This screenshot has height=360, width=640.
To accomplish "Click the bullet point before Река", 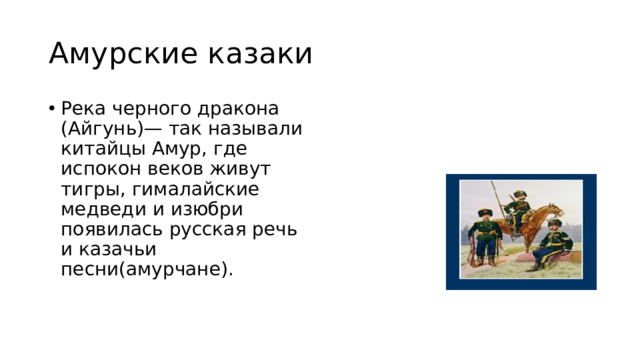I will pos(51,108).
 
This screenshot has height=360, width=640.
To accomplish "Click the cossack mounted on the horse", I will pos(517,206).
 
